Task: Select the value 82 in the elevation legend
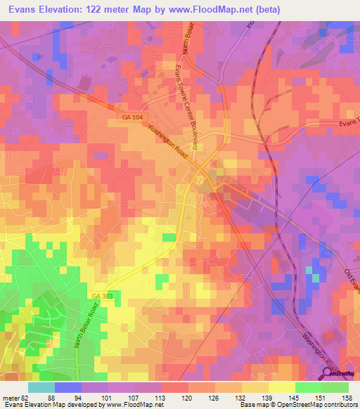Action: tap(25, 398)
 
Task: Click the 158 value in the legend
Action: tap(347, 398)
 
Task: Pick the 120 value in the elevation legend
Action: tap(174, 398)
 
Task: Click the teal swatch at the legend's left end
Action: tap(41, 387)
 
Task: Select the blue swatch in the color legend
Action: tap(68, 387)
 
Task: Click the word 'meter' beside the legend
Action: tap(10, 398)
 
